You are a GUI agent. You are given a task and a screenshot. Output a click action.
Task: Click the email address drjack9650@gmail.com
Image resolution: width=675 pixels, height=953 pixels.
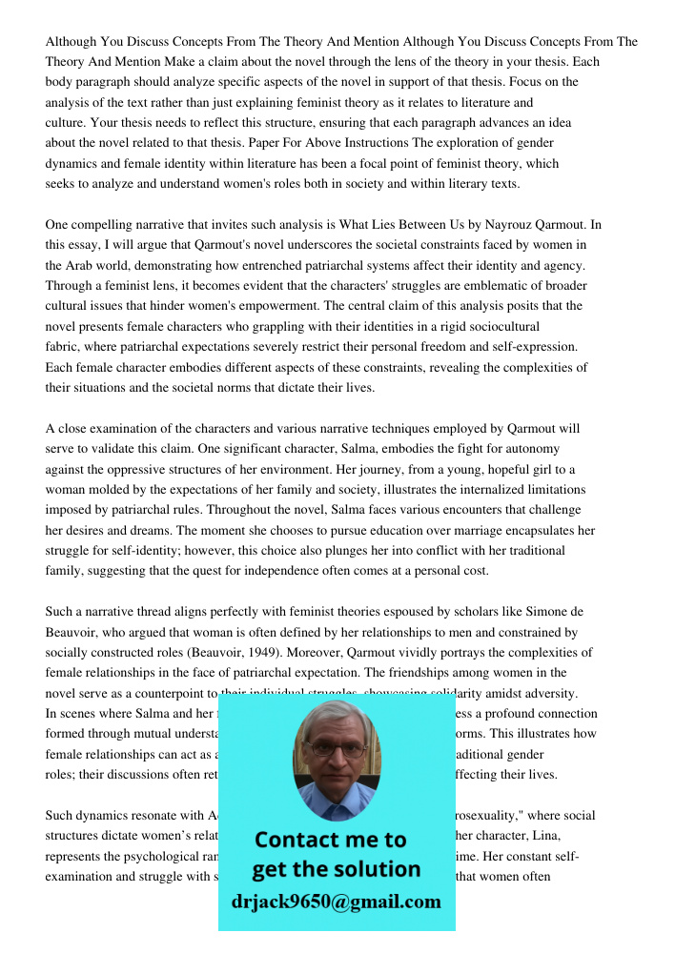pyautogui.click(x=336, y=902)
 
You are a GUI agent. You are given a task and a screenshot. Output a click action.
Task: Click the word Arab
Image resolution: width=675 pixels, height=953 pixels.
pyautogui.click(x=80, y=265)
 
